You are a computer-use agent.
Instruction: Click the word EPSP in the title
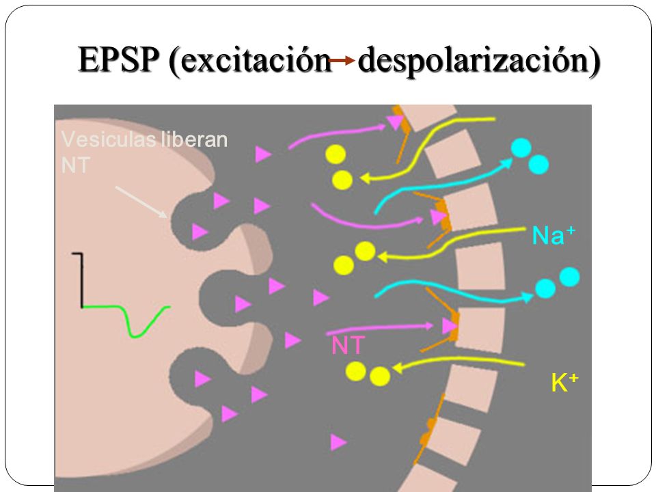[x=120, y=61]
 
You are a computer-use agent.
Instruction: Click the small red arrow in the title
[x=340, y=61]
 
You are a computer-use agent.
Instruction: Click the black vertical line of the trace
[x=82, y=280]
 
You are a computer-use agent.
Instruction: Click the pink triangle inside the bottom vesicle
[x=202, y=377]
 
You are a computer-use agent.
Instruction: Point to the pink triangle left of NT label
[x=292, y=339]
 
